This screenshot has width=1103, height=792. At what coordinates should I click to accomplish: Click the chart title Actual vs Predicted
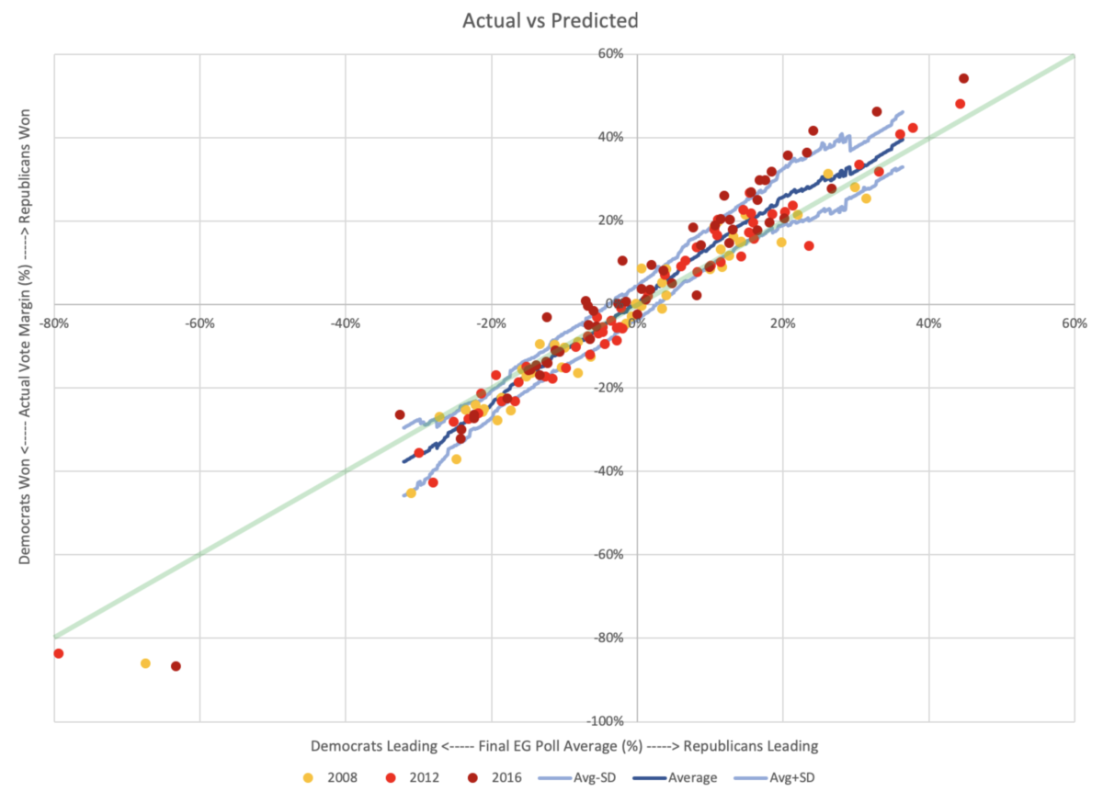(x=551, y=20)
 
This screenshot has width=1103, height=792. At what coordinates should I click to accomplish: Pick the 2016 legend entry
(x=518, y=777)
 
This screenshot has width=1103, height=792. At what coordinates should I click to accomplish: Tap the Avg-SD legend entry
(x=610, y=777)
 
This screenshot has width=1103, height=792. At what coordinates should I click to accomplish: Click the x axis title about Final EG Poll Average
(x=563, y=744)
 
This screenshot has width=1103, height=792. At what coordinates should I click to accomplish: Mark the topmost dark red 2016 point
(x=963, y=78)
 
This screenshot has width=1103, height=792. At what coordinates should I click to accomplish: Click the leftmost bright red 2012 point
(x=58, y=653)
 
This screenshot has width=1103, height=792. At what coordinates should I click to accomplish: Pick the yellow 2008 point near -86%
(x=145, y=663)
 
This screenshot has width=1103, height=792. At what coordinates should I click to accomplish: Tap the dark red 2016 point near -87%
(x=176, y=666)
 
